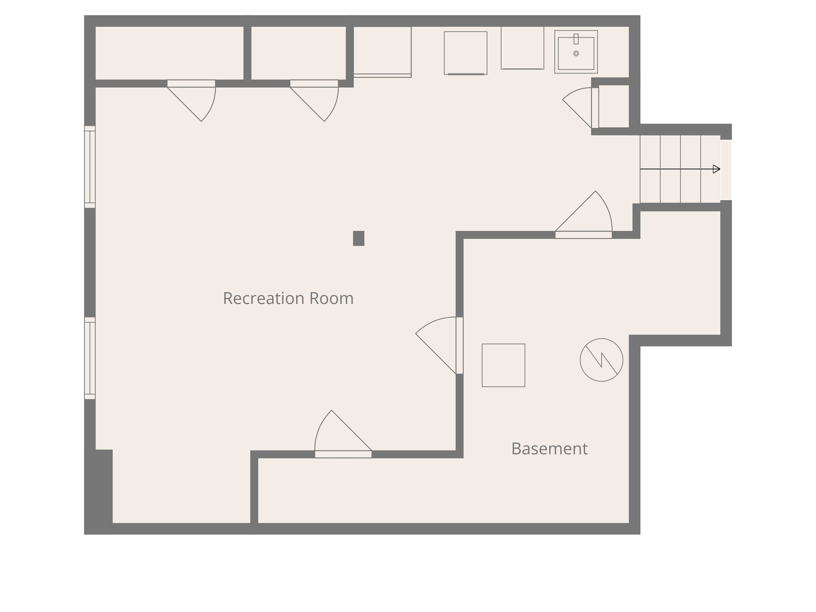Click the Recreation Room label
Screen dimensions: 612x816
[288, 298]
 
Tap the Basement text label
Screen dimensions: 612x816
[549, 449]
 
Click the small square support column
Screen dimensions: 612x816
[359, 238]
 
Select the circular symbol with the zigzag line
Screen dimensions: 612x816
[601, 360]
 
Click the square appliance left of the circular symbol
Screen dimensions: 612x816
[503, 365]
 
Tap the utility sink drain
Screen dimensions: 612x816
[576, 53]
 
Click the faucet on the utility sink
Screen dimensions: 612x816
[576, 39]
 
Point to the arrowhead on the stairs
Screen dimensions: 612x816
[716, 169]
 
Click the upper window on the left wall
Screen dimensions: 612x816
[90, 167]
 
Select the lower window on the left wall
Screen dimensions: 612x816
[90, 358]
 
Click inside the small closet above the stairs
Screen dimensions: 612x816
[614, 106]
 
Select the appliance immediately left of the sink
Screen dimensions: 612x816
[522, 48]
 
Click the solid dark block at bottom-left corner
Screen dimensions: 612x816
[99, 490]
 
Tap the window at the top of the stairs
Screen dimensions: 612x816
[726, 170]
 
